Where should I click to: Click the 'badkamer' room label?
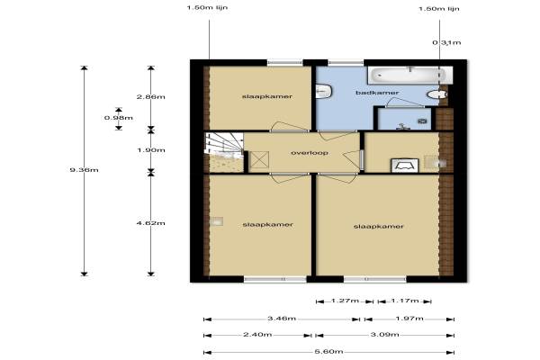pyautogui.click(x=377, y=93)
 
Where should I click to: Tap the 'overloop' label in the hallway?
pyautogui.click(x=310, y=153)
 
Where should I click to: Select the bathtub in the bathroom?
pyautogui.click(x=410, y=75)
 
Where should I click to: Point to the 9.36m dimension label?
pyautogui.click(x=84, y=170)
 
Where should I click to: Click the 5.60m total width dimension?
pyautogui.click(x=328, y=351)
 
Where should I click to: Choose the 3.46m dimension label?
pyautogui.click(x=282, y=319)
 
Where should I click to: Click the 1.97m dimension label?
pyautogui.click(x=409, y=319)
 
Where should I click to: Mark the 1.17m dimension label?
pyautogui.click(x=405, y=301)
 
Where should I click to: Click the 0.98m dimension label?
pyautogui.click(x=119, y=118)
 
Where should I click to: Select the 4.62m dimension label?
pyautogui.click(x=151, y=223)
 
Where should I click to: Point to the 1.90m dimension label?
pyautogui.click(x=151, y=150)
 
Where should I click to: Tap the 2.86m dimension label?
pyautogui.click(x=151, y=97)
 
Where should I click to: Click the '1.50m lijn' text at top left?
pyautogui.click(x=207, y=7)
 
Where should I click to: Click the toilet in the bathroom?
pyautogui.click(x=436, y=94)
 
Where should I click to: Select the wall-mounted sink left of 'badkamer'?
pyautogui.click(x=323, y=91)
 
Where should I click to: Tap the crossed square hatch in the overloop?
pyautogui.click(x=259, y=160)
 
